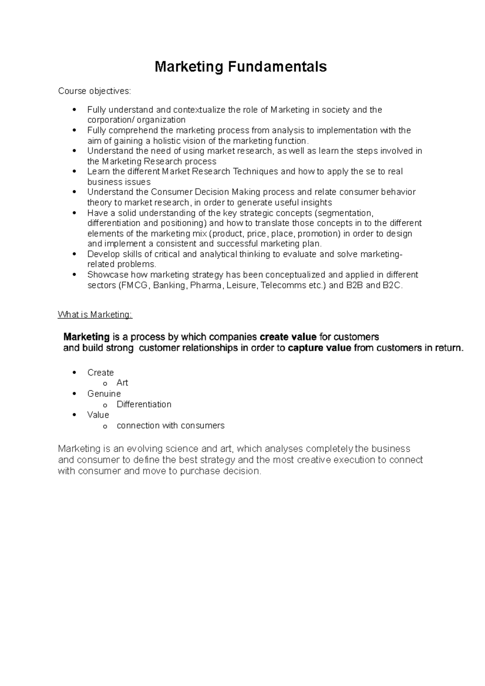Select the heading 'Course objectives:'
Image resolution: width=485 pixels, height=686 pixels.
click(x=95, y=91)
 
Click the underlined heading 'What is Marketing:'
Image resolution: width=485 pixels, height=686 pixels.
click(x=95, y=315)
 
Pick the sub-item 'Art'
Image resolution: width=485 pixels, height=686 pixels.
click(x=122, y=383)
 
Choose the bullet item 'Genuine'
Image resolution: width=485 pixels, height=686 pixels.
click(x=104, y=394)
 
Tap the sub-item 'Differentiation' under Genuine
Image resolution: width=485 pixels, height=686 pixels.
click(x=144, y=404)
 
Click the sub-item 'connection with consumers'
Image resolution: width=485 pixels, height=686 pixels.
click(x=170, y=426)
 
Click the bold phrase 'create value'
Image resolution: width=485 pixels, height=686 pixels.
click(x=288, y=337)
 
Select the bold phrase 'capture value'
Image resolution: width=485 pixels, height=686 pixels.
click(x=319, y=348)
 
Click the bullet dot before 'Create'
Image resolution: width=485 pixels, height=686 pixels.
click(x=74, y=373)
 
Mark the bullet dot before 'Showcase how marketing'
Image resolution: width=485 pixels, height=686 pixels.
click(x=74, y=275)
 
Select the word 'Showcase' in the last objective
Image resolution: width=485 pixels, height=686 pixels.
click(x=104, y=275)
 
